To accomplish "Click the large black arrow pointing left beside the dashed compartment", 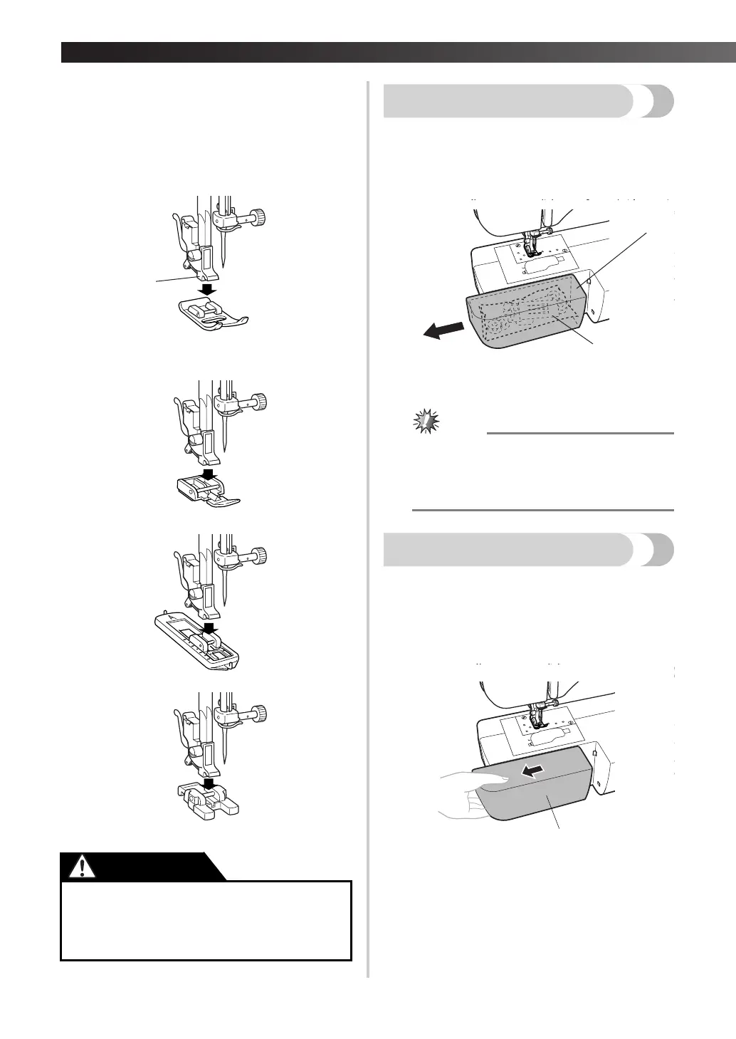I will tap(440, 330).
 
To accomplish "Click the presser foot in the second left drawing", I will tap(206, 492).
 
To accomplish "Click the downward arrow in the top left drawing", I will tap(209, 289).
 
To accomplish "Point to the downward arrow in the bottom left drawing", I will tap(209, 784).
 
